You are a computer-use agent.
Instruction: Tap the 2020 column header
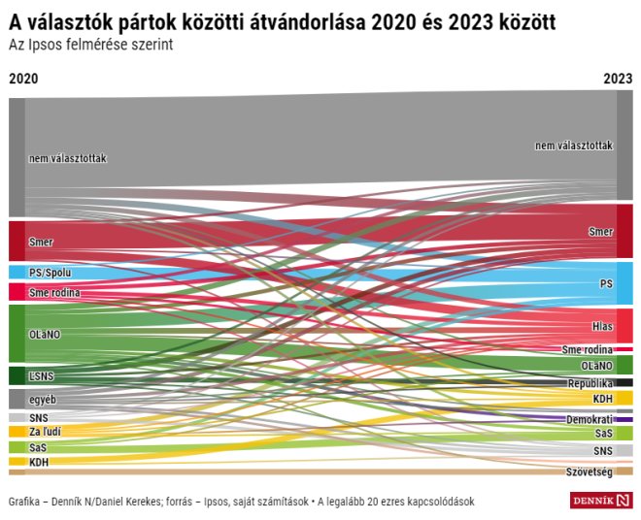tap(23, 79)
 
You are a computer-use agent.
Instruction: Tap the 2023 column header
tap(617, 79)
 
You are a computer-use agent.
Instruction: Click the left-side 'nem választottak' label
tap(67, 158)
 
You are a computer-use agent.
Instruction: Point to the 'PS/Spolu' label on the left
tap(51, 274)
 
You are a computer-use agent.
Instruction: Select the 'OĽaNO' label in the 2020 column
tap(45, 334)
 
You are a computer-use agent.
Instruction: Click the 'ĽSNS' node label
tap(41, 375)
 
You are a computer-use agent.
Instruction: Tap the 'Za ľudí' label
tap(46, 431)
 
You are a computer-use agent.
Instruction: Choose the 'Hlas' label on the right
tap(602, 326)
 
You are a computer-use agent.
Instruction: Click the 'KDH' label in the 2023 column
tap(602, 399)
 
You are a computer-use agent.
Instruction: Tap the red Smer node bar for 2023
tap(624, 231)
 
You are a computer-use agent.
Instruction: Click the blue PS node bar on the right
tap(624, 283)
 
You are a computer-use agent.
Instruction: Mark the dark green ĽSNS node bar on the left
tap(17, 375)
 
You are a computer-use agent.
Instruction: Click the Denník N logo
tap(600, 501)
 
